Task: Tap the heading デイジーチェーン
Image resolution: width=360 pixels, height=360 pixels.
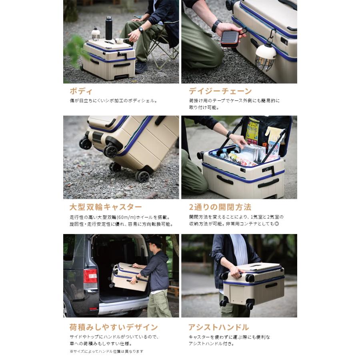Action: click(x=220, y=91)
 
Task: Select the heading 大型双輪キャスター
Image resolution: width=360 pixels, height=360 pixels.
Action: click(x=106, y=207)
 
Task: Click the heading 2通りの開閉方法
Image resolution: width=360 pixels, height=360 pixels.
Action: click(x=220, y=207)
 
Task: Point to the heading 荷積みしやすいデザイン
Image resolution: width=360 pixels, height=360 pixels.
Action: click(x=114, y=327)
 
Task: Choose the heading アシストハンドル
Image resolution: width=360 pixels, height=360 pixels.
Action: click(x=218, y=327)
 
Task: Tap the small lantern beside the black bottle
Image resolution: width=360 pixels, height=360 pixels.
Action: click(x=96, y=34)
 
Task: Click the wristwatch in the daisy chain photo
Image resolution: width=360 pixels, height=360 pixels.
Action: click(x=216, y=26)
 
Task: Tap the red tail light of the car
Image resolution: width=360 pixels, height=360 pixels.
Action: click(x=90, y=276)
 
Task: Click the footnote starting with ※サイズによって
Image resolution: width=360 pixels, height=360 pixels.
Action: click(x=106, y=352)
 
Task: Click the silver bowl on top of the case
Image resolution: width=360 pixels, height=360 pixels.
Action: click(x=119, y=41)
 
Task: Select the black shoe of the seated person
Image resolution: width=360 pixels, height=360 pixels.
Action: click(x=141, y=67)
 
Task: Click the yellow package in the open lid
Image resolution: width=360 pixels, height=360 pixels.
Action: click(x=252, y=131)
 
